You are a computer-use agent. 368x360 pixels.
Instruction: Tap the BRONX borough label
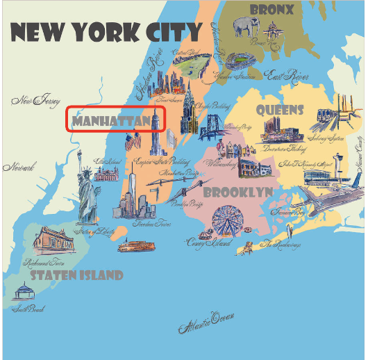click(x=271, y=10)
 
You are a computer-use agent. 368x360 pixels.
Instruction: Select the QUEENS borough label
click(x=280, y=110)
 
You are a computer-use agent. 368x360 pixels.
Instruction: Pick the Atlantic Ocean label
click(x=207, y=320)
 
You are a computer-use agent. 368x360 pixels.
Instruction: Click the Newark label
click(x=19, y=167)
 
